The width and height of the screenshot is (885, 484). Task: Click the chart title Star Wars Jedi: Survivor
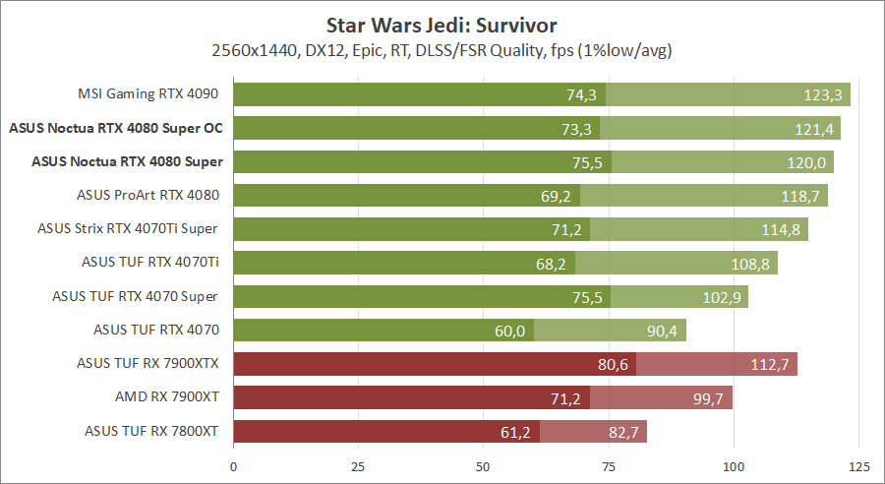(442, 23)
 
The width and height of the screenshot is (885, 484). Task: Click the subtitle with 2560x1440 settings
(442, 49)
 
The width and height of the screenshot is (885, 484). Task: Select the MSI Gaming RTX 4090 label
(147, 94)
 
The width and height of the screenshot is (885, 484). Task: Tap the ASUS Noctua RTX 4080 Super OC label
(115, 128)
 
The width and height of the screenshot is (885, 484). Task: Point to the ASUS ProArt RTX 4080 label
(147, 195)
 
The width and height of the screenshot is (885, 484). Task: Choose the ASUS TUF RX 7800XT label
(151, 430)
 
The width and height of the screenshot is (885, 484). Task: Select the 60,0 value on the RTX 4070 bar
(509, 332)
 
